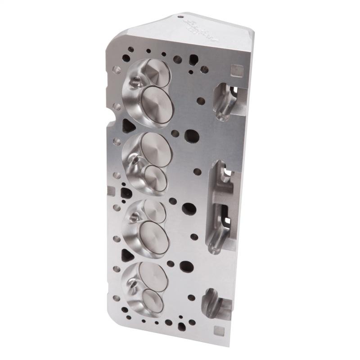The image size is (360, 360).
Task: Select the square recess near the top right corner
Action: coord(233,70)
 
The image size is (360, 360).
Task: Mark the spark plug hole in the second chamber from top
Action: coord(134,158)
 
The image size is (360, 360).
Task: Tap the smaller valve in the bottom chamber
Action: coord(153,300)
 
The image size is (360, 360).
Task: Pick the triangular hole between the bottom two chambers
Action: coord(127,255)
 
